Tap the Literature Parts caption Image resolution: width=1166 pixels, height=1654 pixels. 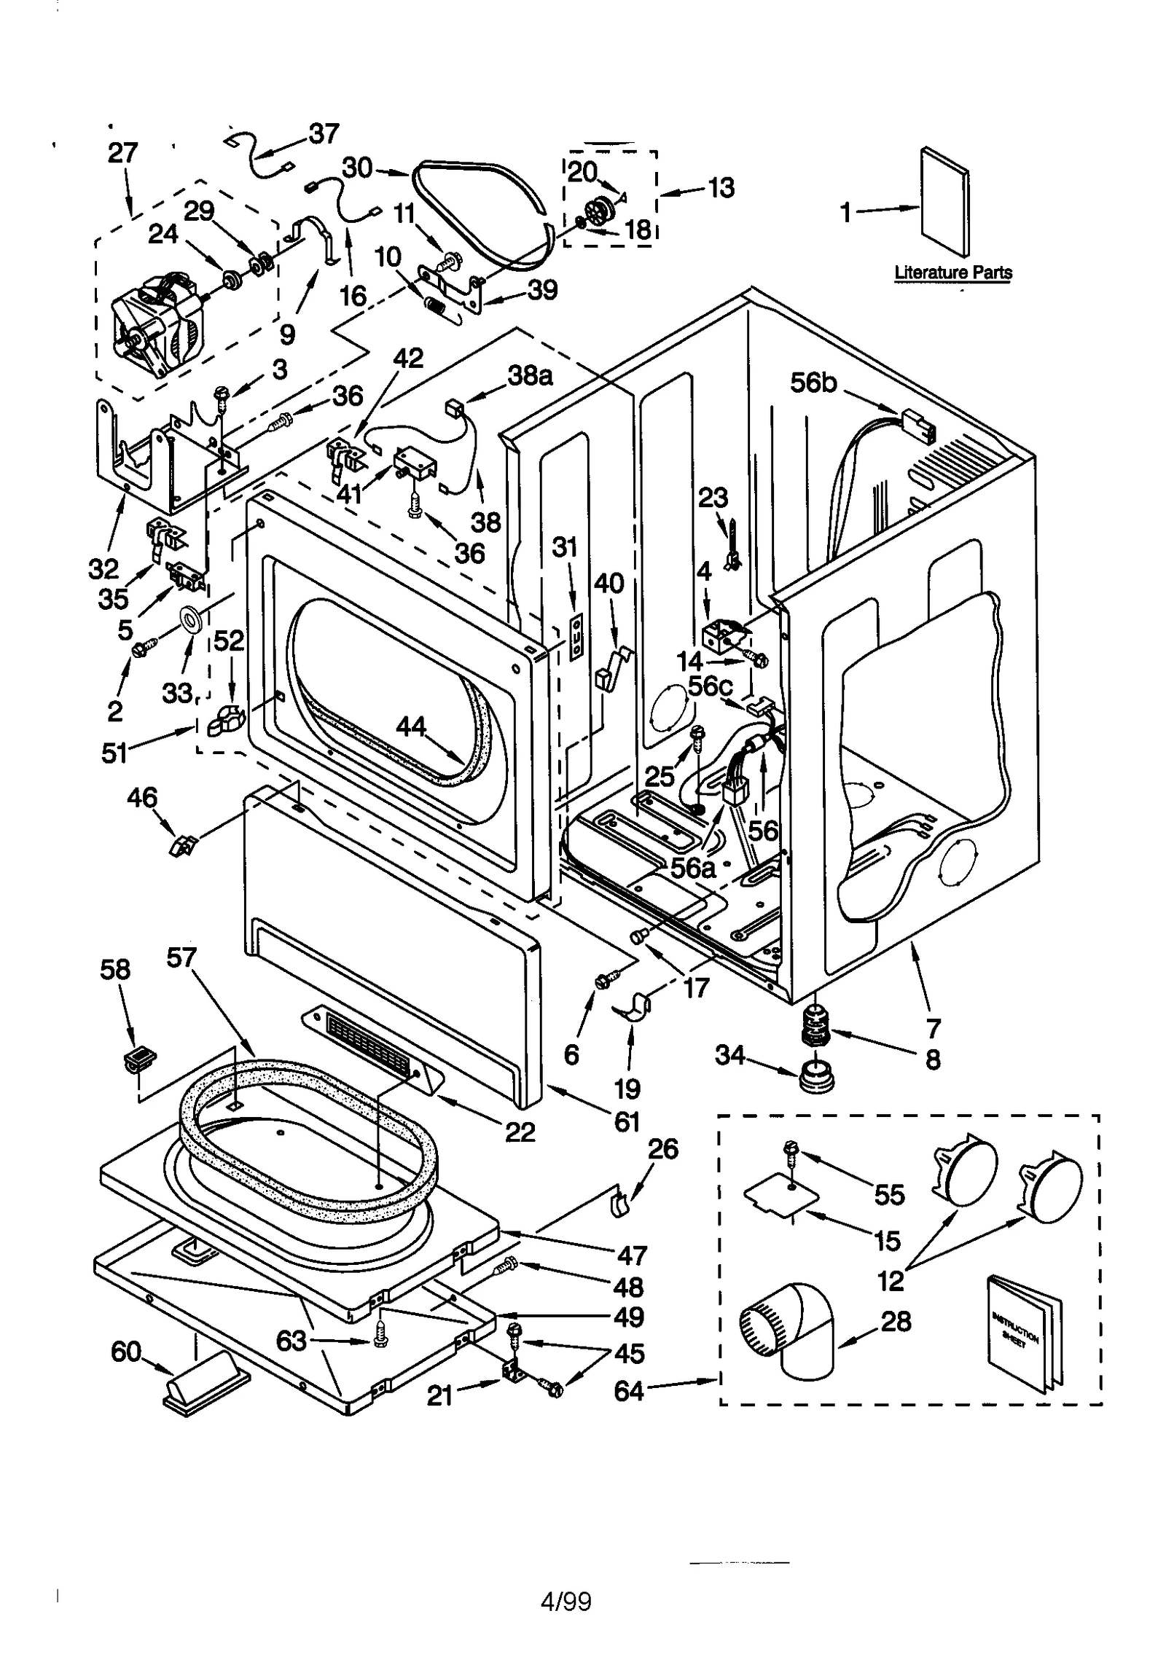click(x=952, y=273)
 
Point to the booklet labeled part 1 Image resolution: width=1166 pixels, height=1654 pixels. click(x=944, y=204)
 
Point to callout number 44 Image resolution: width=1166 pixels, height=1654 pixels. click(x=410, y=726)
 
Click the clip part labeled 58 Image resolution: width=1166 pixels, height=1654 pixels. click(x=141, y=1056)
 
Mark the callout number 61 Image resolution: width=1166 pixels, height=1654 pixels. click(x=627, y=1121)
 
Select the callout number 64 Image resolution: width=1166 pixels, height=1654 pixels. click(x=628, y=1391)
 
